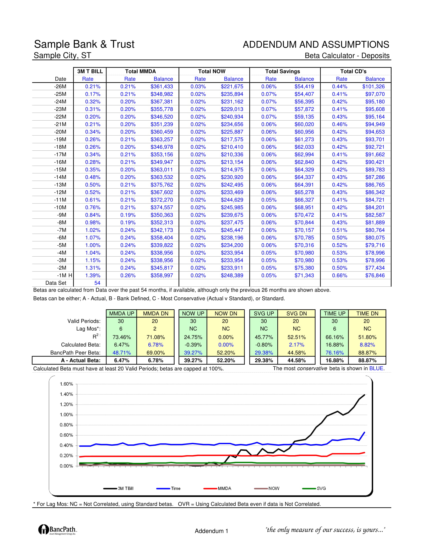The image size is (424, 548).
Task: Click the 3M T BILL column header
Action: click(x=90, y=71)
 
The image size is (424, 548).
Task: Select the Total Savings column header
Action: click(x=283, y=71)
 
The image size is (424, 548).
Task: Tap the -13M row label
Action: click(x=60, y=185)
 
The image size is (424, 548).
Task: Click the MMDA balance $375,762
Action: click(x=162, y=185)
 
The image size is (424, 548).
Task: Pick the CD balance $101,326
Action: click(x=373, y=87)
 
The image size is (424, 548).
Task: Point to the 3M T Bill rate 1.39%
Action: click(x=93, y=275)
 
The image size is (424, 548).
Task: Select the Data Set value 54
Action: click(x=97, y=283)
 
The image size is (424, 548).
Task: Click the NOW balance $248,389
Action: click(x=232, y=275)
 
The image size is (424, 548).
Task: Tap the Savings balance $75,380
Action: click(x=304, y=268)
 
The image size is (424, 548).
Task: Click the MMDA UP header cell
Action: click(x=121, y=313)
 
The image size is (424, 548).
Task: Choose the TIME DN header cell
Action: click(x=367, y=313)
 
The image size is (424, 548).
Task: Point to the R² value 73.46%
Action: click(x=121, y=337)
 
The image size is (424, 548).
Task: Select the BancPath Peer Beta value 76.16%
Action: click(x=334, y=352)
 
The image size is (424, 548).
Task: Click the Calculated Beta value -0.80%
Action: click(x=264, y=345)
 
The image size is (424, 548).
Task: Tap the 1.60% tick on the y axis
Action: click(x=66, y=384)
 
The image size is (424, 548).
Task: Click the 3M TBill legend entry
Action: click(x=118, y=488)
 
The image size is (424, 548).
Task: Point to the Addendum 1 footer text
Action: click(x=212, y=531)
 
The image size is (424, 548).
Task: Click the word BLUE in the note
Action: click(x=376, y=368)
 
